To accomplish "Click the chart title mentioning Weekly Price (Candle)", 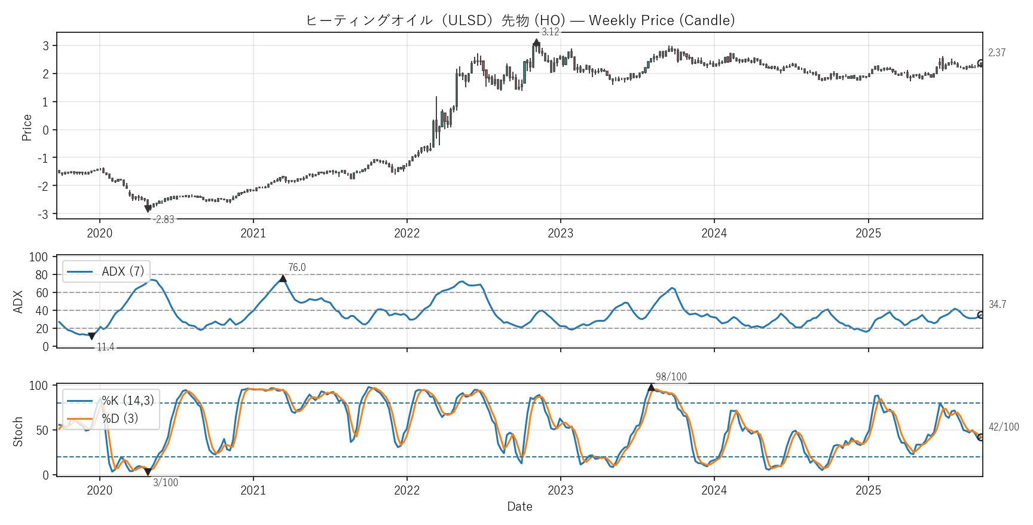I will pos(519,20).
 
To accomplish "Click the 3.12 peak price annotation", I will pos(550,32).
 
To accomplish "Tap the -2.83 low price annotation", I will pos(163,219).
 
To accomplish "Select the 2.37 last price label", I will pos(997,53).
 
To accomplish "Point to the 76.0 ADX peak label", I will pos(297,267).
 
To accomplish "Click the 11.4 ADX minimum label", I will pos(105,347).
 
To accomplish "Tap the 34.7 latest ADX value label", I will pos(997,304).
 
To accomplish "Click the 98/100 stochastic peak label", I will pos(671,377).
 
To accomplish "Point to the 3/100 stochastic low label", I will pos(165,483).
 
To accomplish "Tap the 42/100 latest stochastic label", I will pos(1004,427).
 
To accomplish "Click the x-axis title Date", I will pos(519,506).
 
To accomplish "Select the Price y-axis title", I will pos(27,127).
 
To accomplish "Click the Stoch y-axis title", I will pos(18,431).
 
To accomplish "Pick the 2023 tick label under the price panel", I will pos(560,233).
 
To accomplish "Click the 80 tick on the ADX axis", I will pos(42,275).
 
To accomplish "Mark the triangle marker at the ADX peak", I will pos(283,279).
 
